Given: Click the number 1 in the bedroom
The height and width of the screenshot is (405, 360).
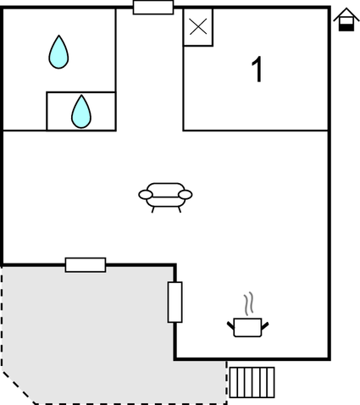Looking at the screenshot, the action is click(x=258, y=69).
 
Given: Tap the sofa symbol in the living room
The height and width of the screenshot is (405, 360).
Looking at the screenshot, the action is click(x=165, y=197).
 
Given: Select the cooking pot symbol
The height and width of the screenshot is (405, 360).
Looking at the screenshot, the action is click(x=248, y=327).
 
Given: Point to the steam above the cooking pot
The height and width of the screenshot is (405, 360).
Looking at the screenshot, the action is click(x=248, y=303).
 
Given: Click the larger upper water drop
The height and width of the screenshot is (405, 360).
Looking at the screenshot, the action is click(x=58, y=53).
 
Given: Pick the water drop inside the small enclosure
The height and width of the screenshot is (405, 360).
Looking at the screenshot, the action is click(x=81, y=112).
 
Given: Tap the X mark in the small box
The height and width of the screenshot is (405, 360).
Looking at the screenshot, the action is click(x=198, y=27).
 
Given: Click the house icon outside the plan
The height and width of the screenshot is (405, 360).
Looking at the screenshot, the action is click(x=346, y=19).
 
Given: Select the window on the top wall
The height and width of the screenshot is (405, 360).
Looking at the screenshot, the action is click(x=153, y=8).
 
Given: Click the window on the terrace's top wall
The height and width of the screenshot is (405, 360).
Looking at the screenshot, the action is click(x=86, y=265).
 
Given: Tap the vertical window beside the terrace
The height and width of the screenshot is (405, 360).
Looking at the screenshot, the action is click(x=175, y=302).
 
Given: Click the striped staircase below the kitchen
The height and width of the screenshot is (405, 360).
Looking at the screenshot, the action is click(x=252, y=382).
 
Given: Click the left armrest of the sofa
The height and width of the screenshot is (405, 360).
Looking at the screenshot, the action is click(x=146, y=195).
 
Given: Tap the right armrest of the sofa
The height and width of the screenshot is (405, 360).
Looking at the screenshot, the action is click(x=186, y=195).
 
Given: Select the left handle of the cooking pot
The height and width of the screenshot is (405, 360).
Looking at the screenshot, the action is click(x=230, y=326).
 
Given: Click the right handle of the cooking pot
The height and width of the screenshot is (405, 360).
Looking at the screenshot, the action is click(x=265, y=326).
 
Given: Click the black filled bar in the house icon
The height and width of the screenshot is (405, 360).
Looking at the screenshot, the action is click(x=346, y=27).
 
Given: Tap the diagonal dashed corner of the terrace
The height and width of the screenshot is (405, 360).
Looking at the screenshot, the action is click(x=19, y=387).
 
